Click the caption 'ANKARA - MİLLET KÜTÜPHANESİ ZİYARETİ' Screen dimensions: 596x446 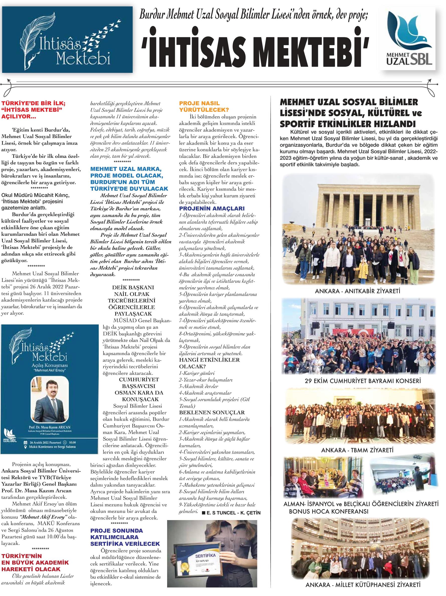pos(363,590)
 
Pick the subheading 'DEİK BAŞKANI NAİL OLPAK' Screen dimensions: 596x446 pos(131,291)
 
